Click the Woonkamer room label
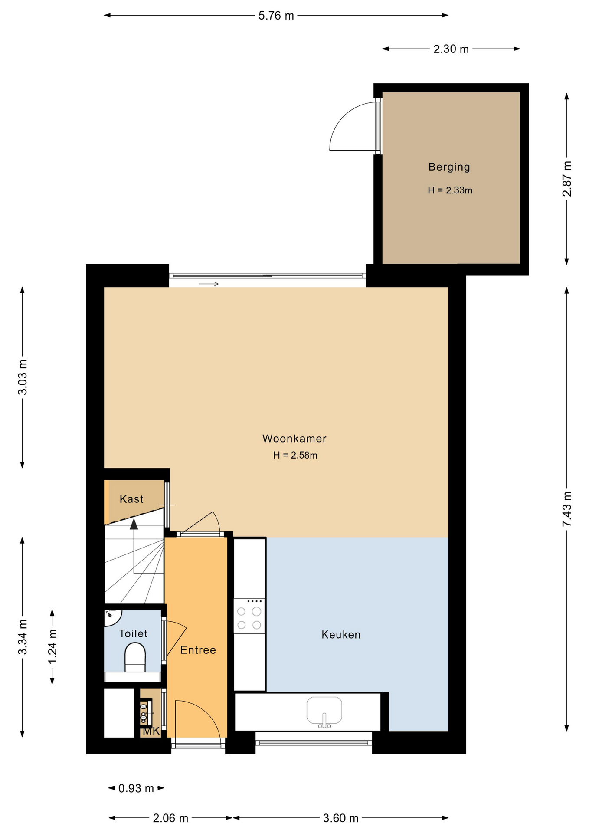(x=294, y=439)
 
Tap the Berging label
(x=449, y=167)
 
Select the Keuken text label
(x=341, y=635)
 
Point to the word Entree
(x=198, y=650)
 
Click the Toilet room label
(x=133, y=633)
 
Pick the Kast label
(x=131, y=499)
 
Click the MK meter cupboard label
(x=151, y=731)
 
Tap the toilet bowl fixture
(x=135, y=657)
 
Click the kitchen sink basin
(x=324, y=710)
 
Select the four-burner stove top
(x=249, y=616)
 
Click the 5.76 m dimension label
(x=276, y=16)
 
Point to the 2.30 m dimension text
(x=451, y=49)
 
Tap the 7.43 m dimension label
(x=567, y=509)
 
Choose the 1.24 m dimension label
(x=52, y=646)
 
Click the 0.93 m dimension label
(x=136, y=788)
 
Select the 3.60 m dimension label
(x=341, y=818)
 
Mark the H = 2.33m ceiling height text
(x=450, y=190)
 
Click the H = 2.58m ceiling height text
(x=295, y=455)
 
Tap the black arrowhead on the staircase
(x=134, y=524)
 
